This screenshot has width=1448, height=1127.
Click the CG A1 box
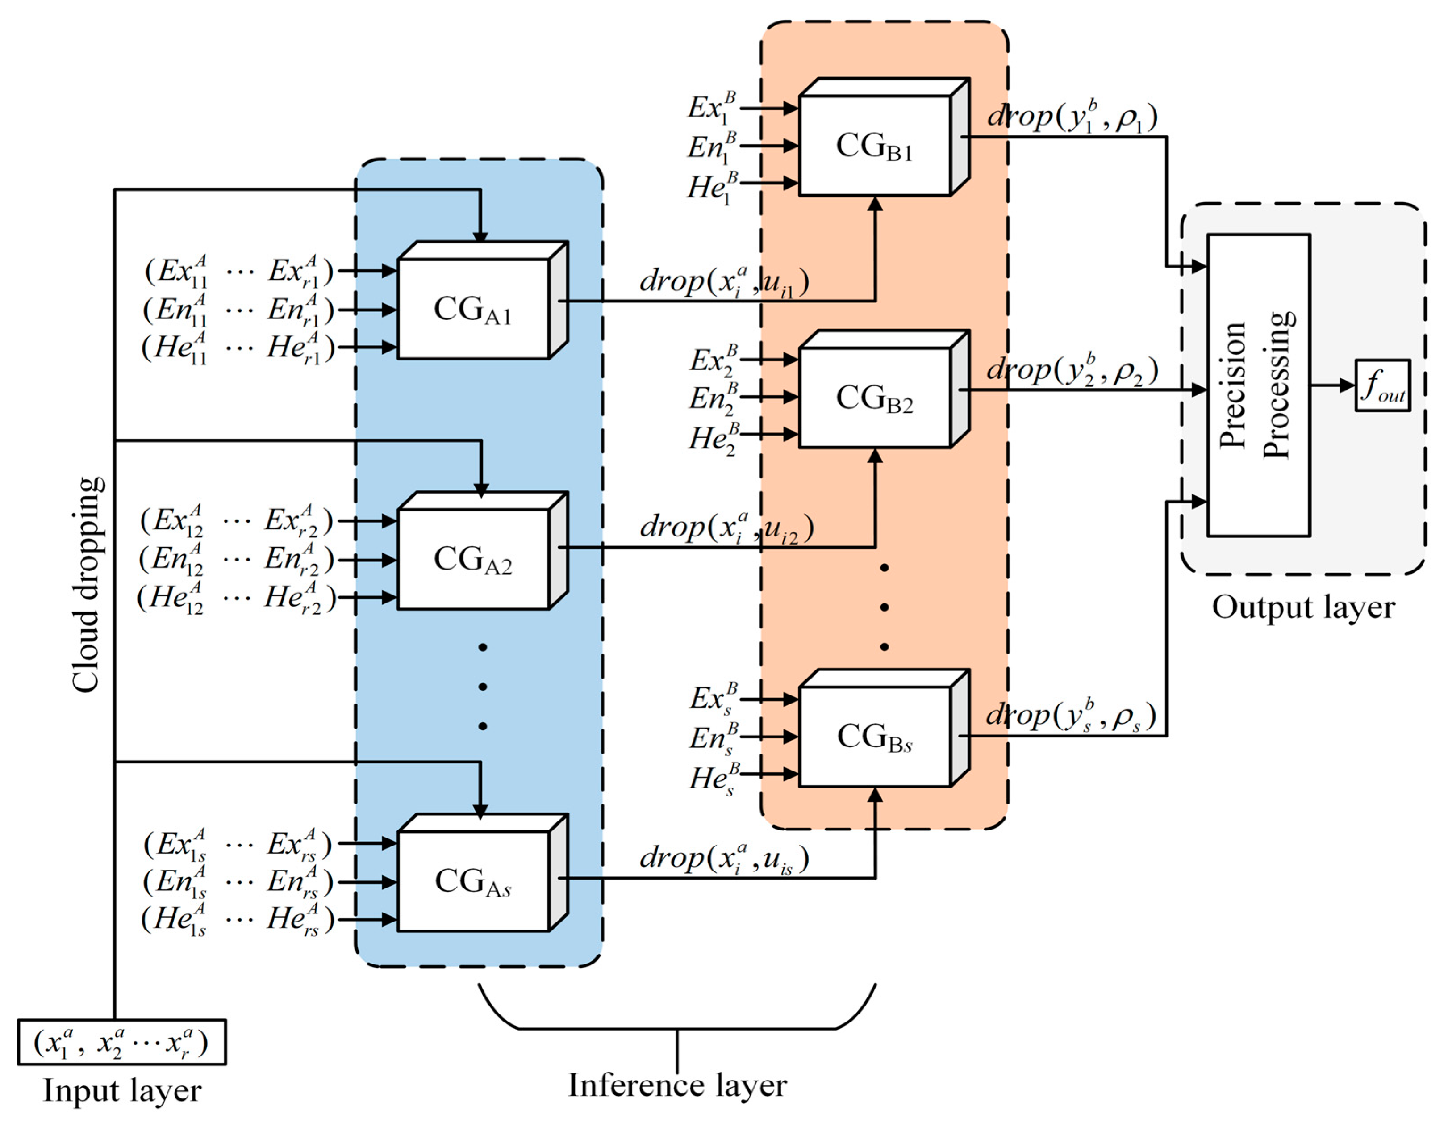[x=473, y=309]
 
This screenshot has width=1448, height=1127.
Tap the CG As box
[x=473, y=881]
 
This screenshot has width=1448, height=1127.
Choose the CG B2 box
[x=875, y=398]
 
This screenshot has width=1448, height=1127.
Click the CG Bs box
[x=875, y=736]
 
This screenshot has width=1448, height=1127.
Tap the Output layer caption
[x=1303, y=607]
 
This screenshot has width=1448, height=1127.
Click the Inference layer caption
[x=677, y=1085]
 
